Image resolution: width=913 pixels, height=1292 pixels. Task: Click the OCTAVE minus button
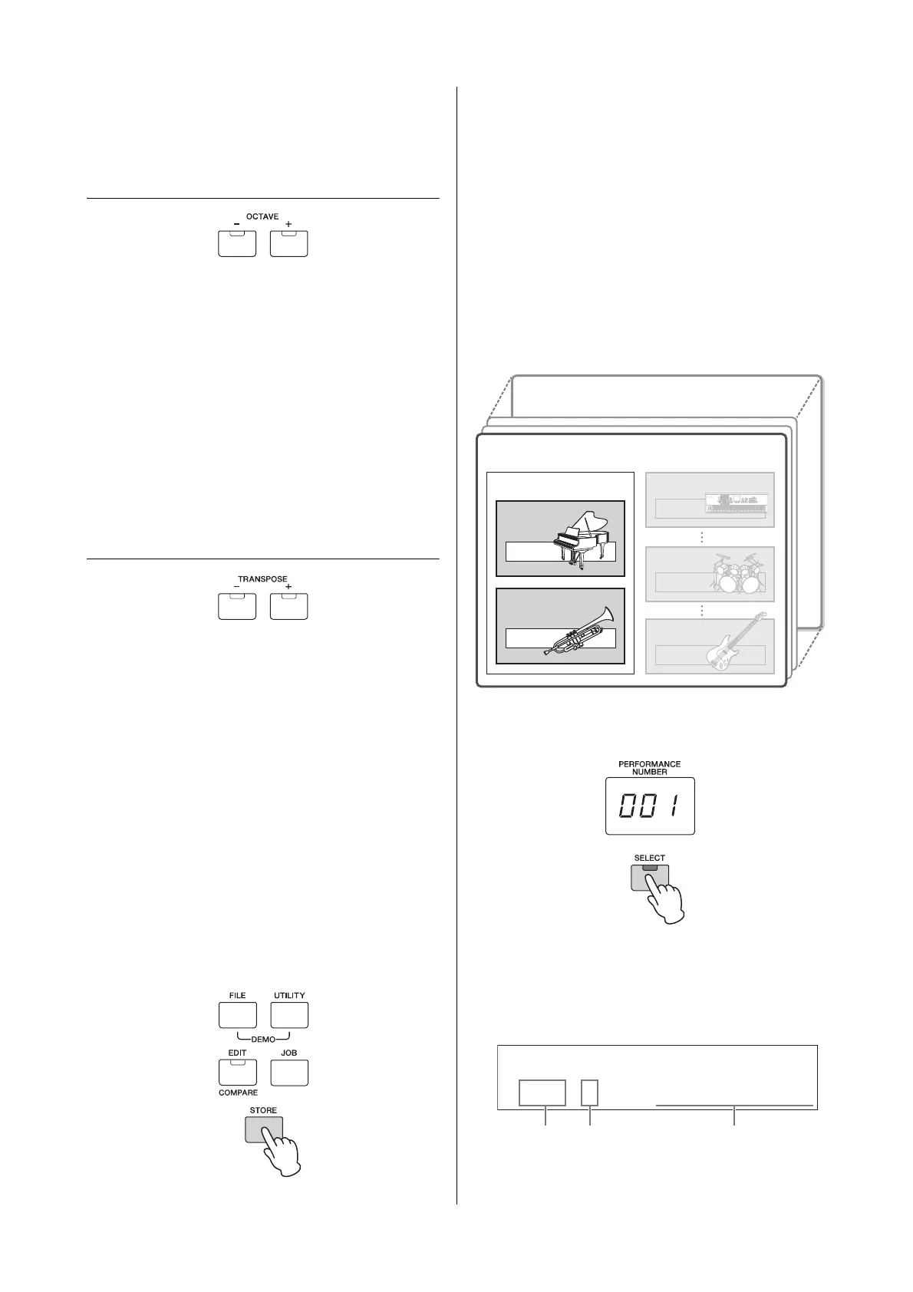(237, 243)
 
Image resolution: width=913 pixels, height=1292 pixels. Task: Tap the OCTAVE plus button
(288, 243)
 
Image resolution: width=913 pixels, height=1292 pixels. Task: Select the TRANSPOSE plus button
(288, 606)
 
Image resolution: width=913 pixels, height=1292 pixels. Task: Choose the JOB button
(289, 1072)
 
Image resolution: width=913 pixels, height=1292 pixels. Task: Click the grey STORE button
(263, 1129)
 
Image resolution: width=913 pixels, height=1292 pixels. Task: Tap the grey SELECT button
(650, 877)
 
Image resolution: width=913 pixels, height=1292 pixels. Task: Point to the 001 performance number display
(650, 806)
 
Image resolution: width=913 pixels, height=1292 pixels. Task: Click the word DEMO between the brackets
(263, 1040)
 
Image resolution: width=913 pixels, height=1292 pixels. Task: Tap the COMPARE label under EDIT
(238, 1093)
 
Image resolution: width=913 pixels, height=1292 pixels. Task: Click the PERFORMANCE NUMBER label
(649, 768)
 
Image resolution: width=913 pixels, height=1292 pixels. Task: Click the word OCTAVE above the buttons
(262, 217)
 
